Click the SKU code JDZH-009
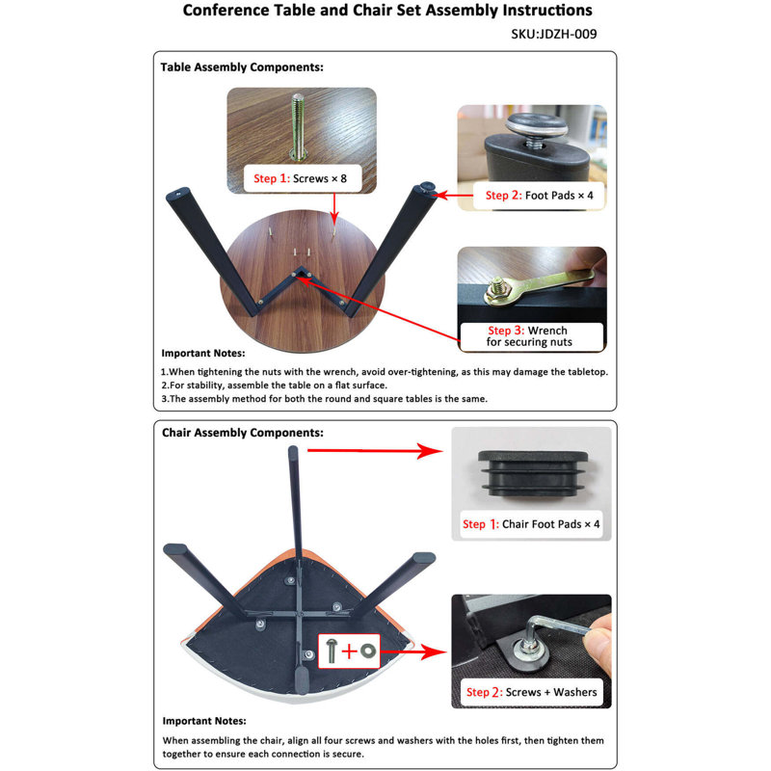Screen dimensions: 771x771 [x=568, y=34]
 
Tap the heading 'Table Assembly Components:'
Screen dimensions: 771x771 [x=242, y=67]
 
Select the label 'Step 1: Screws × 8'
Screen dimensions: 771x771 [x=300, y=178]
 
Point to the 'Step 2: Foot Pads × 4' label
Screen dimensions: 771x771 [x=539, y=196]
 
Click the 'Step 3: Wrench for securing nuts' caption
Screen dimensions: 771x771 [x=529, y=336]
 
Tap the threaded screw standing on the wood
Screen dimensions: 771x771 [x=298, y=126]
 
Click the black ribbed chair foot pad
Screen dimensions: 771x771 [x=533, y=473]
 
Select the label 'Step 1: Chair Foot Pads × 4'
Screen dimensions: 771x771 [x=531, y=524]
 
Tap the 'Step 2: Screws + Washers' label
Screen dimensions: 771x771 [x=532, y=692]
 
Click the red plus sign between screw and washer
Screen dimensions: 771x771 [x=349, y=651]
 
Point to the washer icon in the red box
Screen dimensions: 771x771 [x=368, y=651]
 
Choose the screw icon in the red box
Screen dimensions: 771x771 [x=332, y=650]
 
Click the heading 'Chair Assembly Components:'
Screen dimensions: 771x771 [x=243, y=433]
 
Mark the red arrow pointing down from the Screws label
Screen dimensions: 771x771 [x=334, y=208]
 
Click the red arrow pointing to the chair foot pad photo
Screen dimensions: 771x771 [x=375, y=450]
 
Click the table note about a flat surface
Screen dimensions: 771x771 [x=275, y=385]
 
